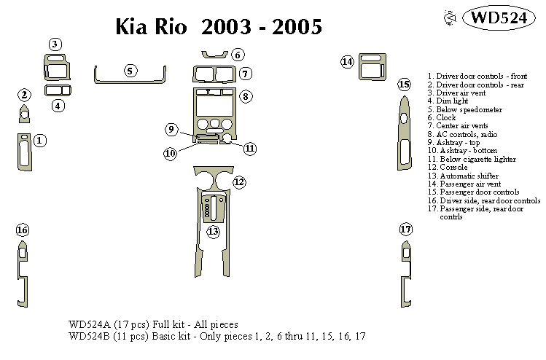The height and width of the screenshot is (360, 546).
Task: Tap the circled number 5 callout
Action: [x=129, y=71]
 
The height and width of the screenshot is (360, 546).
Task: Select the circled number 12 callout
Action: [x=239, y=181]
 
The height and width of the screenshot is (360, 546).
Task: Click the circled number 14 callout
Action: [x=348, y=62]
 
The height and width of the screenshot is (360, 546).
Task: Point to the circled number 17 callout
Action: [x=406, y=230]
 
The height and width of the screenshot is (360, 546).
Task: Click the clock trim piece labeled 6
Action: [x=214, y=53]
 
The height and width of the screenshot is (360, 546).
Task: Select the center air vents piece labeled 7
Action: [x=214, y=74]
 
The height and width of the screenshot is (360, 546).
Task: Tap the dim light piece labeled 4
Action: [x=58, y=90]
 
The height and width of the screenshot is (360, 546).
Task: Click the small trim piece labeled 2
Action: [x=24, y=114]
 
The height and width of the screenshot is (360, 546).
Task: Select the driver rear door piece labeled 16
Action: [x=23, y=270]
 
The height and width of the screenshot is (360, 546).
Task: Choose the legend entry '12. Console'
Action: [x=448, y=167]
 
